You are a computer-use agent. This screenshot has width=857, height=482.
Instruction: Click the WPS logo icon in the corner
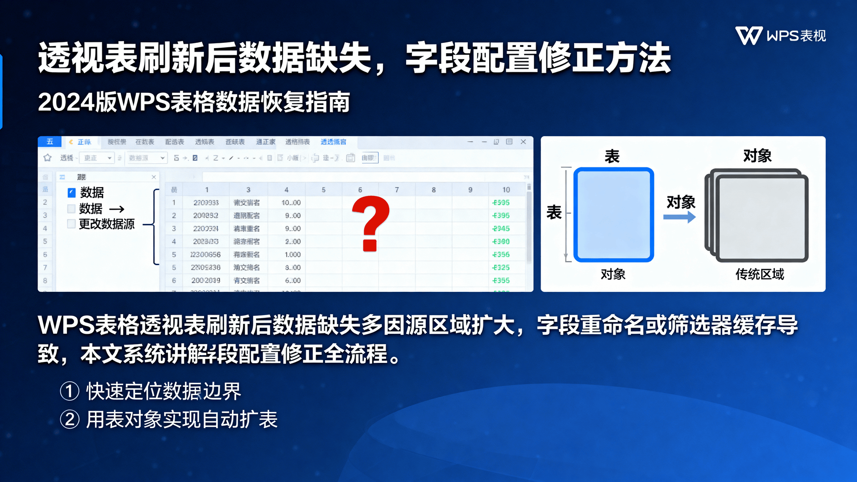click(749, 36)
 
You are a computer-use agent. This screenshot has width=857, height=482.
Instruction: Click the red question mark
click(370, 224)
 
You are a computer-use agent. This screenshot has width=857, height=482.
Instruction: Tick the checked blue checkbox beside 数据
click(71, 193)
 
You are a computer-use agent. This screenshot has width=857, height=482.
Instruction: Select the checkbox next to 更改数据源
click(71, 224)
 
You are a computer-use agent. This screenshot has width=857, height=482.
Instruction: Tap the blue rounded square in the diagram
click(613, 215)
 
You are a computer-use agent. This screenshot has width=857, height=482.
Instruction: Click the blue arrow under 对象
click(679, 217)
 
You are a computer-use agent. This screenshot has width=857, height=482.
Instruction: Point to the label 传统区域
click(759, 274)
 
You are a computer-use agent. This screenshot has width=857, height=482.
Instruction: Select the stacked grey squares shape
click(757, 215)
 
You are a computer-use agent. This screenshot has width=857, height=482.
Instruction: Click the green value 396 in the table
click(501, 216)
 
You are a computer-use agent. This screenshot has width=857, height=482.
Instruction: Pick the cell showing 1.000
click(292, 254)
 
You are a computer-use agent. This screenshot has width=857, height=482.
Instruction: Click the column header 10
click(506, 190)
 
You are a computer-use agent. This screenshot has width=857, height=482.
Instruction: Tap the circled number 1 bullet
click(70, 391)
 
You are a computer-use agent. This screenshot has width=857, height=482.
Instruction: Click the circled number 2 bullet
click(70, 420)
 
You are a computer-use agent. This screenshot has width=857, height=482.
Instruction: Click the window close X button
click(523, 142)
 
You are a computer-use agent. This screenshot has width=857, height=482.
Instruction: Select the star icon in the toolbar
click(48, 158)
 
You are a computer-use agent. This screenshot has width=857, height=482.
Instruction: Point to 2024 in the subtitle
click(66, 102)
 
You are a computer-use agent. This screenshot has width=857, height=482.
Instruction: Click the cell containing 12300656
click(205, 254)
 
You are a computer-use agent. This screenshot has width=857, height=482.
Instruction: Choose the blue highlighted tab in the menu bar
click(333, 142)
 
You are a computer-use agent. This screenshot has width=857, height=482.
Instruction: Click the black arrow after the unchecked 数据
click(116, 209)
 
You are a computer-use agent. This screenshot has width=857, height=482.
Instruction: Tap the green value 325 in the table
click(501, 267)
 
